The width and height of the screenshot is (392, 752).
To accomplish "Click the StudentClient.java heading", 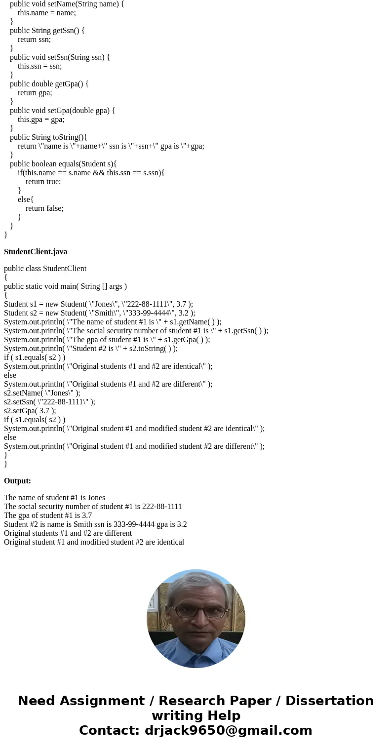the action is pyautogui.click(x=36, y=252).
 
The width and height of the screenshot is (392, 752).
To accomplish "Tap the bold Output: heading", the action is pyautogui.click(x=17, y=481).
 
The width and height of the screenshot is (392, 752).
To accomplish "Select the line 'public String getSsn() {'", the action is pyautogui.click(x=47, y=31).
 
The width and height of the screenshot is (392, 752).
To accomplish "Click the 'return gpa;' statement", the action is pyautogui.click(x=35, y=93).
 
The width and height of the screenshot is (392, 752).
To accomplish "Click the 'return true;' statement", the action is pyautogui.click(x=43, y=182).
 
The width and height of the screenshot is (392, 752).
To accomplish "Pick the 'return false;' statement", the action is pyautogui.click(x=44, y=208).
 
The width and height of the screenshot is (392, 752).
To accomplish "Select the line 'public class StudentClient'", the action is pyautogui.click(x=45, y=269).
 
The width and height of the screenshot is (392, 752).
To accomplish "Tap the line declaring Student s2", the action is pyautogui.click(x=99, y=313).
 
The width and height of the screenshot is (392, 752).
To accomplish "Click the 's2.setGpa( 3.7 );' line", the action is pyautogui.click(x=30, y=411).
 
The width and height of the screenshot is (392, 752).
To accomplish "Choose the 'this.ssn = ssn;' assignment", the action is pyautogui.click(x=39, y=66).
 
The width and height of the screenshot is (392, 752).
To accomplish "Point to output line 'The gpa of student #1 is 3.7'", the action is pyautogui.click(x=48, y=515).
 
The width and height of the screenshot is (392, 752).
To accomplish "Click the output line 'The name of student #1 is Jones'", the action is pyautogui.click(x=54, y=498).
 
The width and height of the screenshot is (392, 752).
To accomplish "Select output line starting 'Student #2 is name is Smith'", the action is pyautogui.click(x=95, y=524).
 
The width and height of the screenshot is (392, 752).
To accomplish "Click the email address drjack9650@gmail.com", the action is pyautogui.click(x=228, y=731).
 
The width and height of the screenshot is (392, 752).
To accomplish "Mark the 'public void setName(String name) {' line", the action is pyautogui.click(x=67, y=4).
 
